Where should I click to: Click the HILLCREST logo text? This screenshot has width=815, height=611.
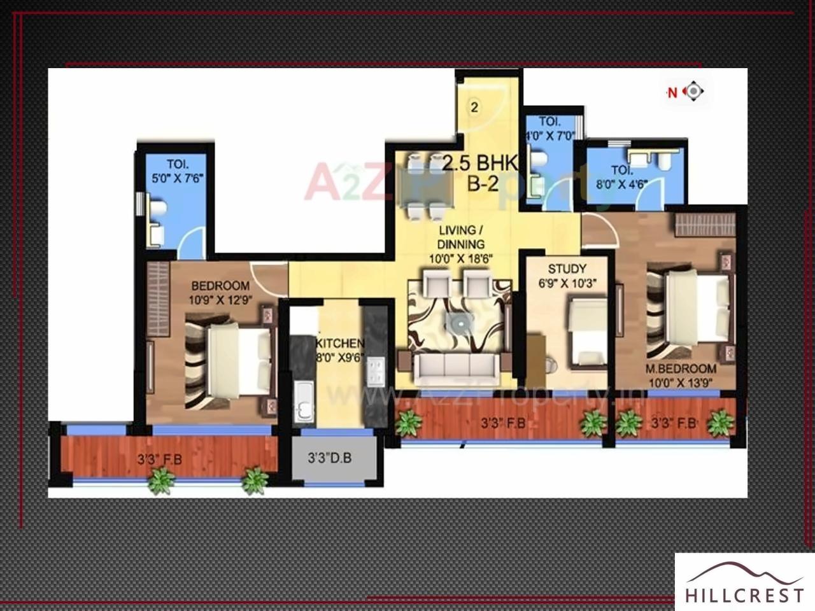[744, 595]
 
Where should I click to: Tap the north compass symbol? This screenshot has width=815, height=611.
[693, 92]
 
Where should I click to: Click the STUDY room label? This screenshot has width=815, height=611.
[567, 269]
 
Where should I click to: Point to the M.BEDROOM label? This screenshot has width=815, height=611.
[681, 369]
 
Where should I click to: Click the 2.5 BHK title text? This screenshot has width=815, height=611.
[481, 164]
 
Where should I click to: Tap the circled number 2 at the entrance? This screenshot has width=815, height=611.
[474, 107]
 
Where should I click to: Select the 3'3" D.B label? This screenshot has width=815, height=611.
[330, 458]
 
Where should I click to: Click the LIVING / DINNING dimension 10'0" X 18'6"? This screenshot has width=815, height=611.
[461, 258]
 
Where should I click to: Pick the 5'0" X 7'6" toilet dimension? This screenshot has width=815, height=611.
[177, 179]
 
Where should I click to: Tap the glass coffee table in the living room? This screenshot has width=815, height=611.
[458, 324]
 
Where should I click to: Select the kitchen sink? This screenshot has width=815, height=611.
[305, 401]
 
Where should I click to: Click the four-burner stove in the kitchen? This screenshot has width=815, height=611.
[376, 372]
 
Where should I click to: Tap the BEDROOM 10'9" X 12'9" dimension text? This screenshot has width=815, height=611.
[220, 300]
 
